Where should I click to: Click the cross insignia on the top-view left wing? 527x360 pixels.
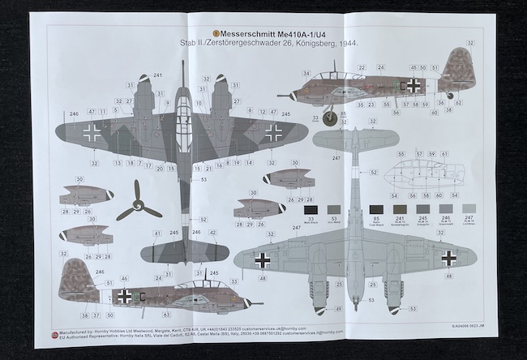point(92,134)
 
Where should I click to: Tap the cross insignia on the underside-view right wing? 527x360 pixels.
point(448,257)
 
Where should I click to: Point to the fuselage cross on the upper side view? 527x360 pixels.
point(414,84)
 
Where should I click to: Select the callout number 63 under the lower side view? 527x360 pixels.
point(165,315)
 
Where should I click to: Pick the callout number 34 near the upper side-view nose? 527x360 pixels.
point(306,73)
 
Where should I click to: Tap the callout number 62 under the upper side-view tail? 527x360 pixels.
point(459,103)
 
